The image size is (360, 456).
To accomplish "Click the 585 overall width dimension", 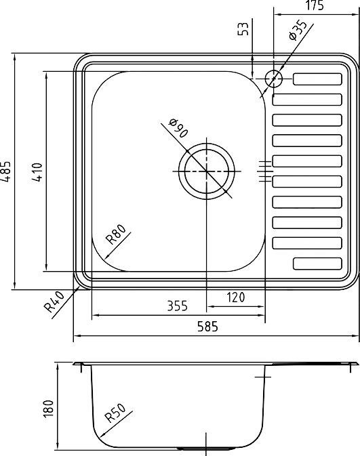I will coord(207,327).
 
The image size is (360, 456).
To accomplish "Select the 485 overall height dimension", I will coord(7,172).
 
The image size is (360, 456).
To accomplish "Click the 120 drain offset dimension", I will coord(235,297).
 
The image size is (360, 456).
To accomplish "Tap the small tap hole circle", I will coord(274,79).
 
